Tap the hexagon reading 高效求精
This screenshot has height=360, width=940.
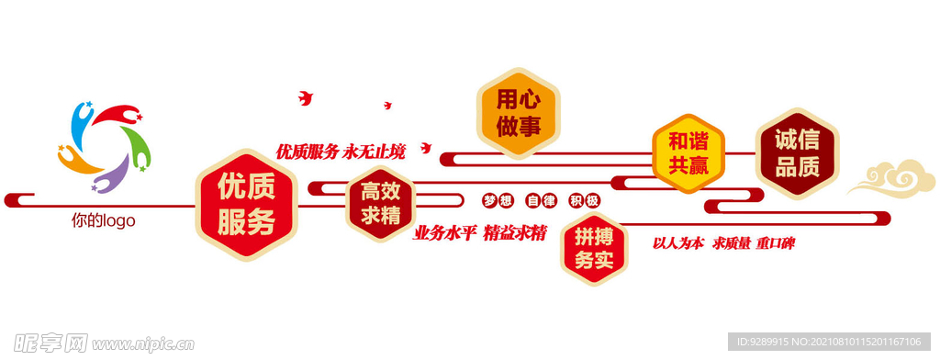[380, 204]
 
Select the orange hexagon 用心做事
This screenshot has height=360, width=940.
[518, 113]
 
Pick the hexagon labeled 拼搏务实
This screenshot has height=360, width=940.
[594, 248]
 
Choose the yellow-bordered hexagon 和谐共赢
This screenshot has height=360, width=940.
[688, 153]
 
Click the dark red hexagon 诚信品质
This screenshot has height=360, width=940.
[797, 153]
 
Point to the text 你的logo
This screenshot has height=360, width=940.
[103, 220]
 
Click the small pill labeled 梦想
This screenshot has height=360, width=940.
[498, 200]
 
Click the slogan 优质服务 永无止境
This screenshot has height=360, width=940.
[341, 152]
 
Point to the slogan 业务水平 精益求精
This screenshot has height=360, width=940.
[480, 233]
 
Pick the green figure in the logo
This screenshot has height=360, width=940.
[137, 146]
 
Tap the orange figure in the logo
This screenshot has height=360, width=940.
[78, 162]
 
